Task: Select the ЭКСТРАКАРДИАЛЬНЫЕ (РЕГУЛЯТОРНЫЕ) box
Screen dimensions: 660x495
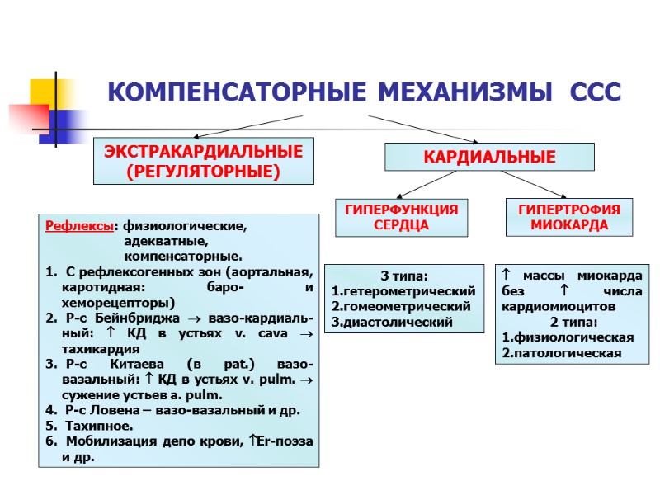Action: click(x=203, y=161)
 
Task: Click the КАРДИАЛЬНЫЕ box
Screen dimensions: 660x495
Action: click(x=490, y=157)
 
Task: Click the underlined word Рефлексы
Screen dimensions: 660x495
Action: click(x=80, y=225)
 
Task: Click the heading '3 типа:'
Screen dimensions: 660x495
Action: click(x=403, y=276)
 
